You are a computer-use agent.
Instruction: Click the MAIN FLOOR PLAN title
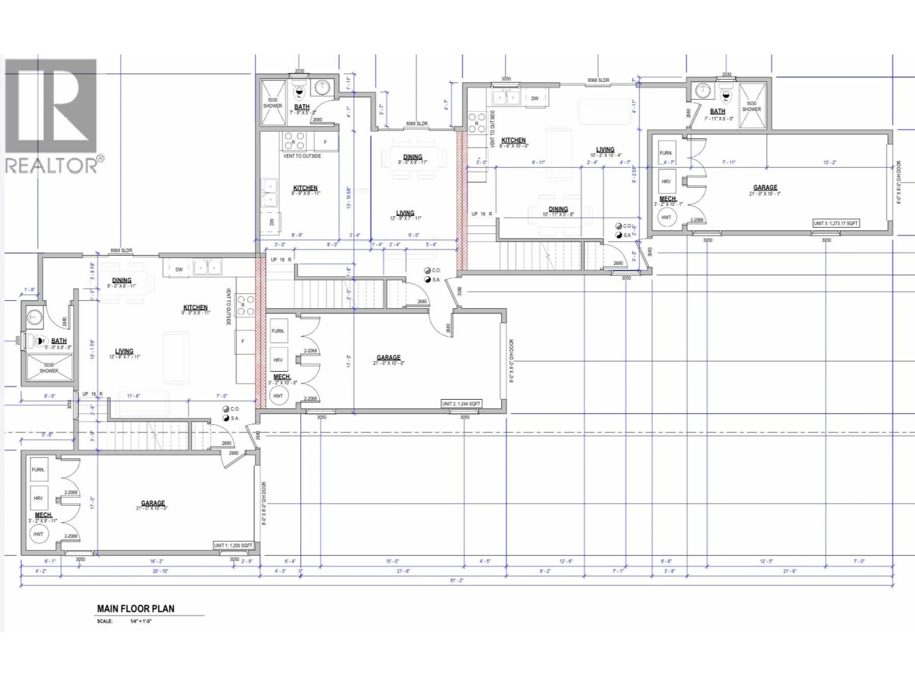[x=135, y=609]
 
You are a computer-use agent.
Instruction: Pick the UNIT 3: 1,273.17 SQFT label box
[x=836, y=223]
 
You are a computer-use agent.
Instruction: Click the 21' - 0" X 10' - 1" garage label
[x=765, y=190]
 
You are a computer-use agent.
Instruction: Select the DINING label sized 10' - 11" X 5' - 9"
[x=558, y=211]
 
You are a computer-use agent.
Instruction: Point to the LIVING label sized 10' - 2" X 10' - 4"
[x=605, y=152]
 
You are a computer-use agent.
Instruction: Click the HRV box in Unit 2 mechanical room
[x=278, y=360]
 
